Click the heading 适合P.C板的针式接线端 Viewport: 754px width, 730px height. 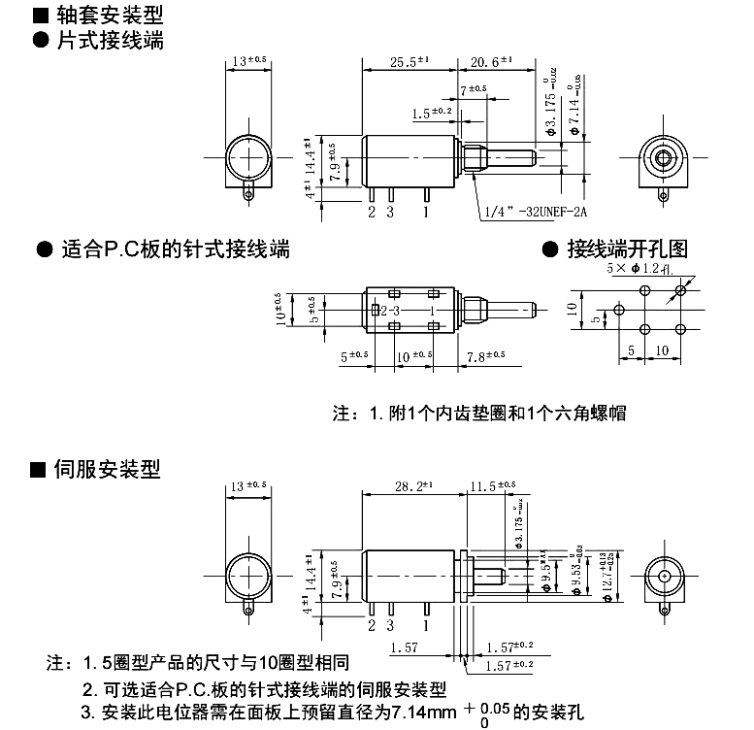pos(175,249)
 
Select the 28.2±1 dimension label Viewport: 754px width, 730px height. pos(407,485)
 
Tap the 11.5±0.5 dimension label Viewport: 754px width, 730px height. pos(493,485)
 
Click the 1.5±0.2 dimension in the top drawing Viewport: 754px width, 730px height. pos(432,113)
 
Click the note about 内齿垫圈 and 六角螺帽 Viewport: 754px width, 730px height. pos(479,413)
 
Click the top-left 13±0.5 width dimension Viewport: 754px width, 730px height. pos(249,61)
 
